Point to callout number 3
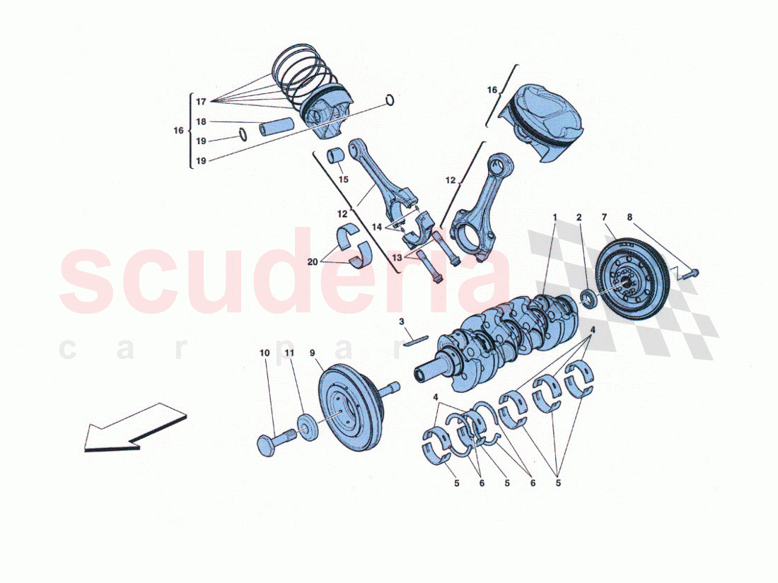[x=401, y=322]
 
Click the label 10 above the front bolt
[x=265, y=352]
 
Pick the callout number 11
[x=289, y=352]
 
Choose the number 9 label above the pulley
[x=312, y=352]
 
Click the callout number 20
[x=313, y=262]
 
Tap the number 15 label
[x=343, y=179]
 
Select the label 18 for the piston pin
[x=202, y=122]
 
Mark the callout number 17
[x=202, y=101]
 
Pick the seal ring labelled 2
[x=586, y=296]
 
